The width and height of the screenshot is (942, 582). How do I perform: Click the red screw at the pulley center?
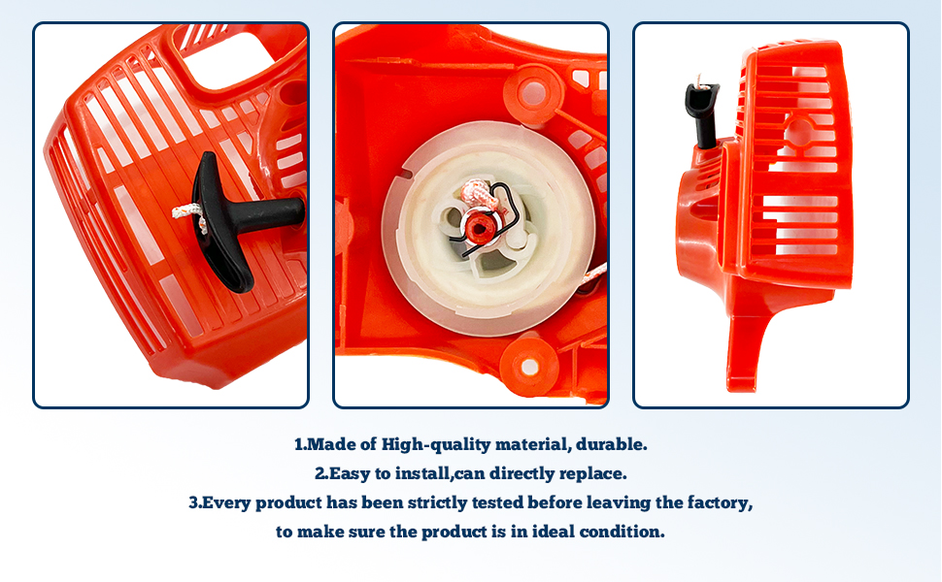(x=477, y=227)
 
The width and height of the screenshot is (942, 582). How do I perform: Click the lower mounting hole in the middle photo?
(x=529, y=367)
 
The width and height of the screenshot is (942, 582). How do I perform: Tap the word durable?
(x=612, y=445)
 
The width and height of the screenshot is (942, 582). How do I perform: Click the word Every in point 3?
(x=228, y=503)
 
